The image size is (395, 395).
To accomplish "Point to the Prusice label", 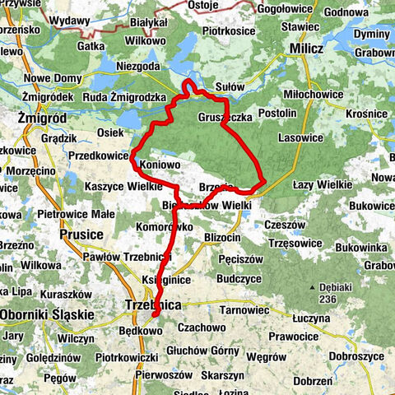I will point(81,235).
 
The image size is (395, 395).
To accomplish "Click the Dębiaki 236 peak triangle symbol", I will point(314,287).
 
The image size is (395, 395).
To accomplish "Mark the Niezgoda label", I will point(138,67).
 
